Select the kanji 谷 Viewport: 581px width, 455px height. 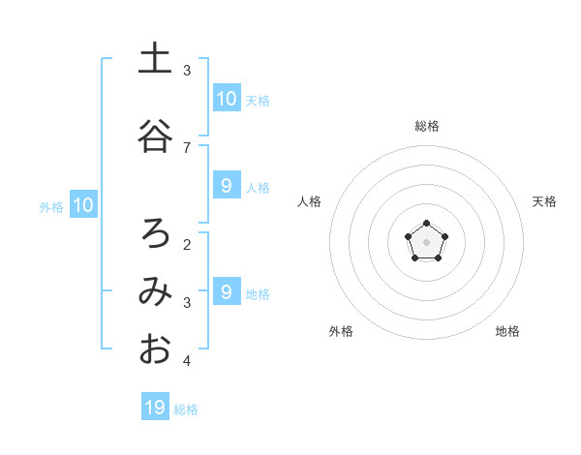(155, 136)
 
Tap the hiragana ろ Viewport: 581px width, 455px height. (155, 232)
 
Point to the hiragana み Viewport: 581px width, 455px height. (155, 291)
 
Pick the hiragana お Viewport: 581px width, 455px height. (155, 349)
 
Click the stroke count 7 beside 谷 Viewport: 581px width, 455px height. (187, 147)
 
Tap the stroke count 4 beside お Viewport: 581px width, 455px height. (187, 361)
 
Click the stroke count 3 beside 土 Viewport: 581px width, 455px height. (187, 71)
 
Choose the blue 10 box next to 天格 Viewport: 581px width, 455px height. (226, 98)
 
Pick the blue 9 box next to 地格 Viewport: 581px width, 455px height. (226, 291)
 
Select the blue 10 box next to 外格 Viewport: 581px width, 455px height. (83, 204)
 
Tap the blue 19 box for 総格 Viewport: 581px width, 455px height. (155, 408)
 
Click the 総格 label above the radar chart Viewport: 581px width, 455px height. (427, 126)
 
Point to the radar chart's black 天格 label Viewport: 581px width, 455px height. (545, 201)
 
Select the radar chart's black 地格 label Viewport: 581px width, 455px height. (507, 331)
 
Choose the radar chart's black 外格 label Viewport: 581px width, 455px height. (341, 331)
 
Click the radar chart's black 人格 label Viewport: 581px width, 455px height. (309, 201)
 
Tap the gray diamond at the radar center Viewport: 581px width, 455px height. (427, 241)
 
